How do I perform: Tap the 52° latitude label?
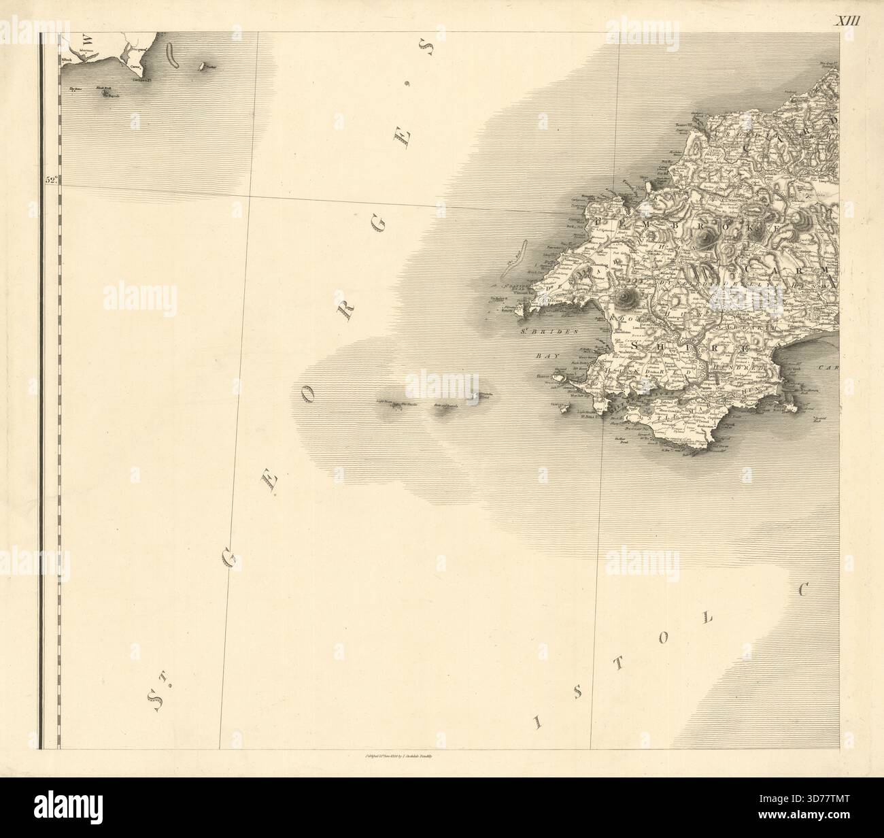tap(52, 180)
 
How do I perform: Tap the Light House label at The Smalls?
tap(385, 401)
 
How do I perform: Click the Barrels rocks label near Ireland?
tap(112, 96)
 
